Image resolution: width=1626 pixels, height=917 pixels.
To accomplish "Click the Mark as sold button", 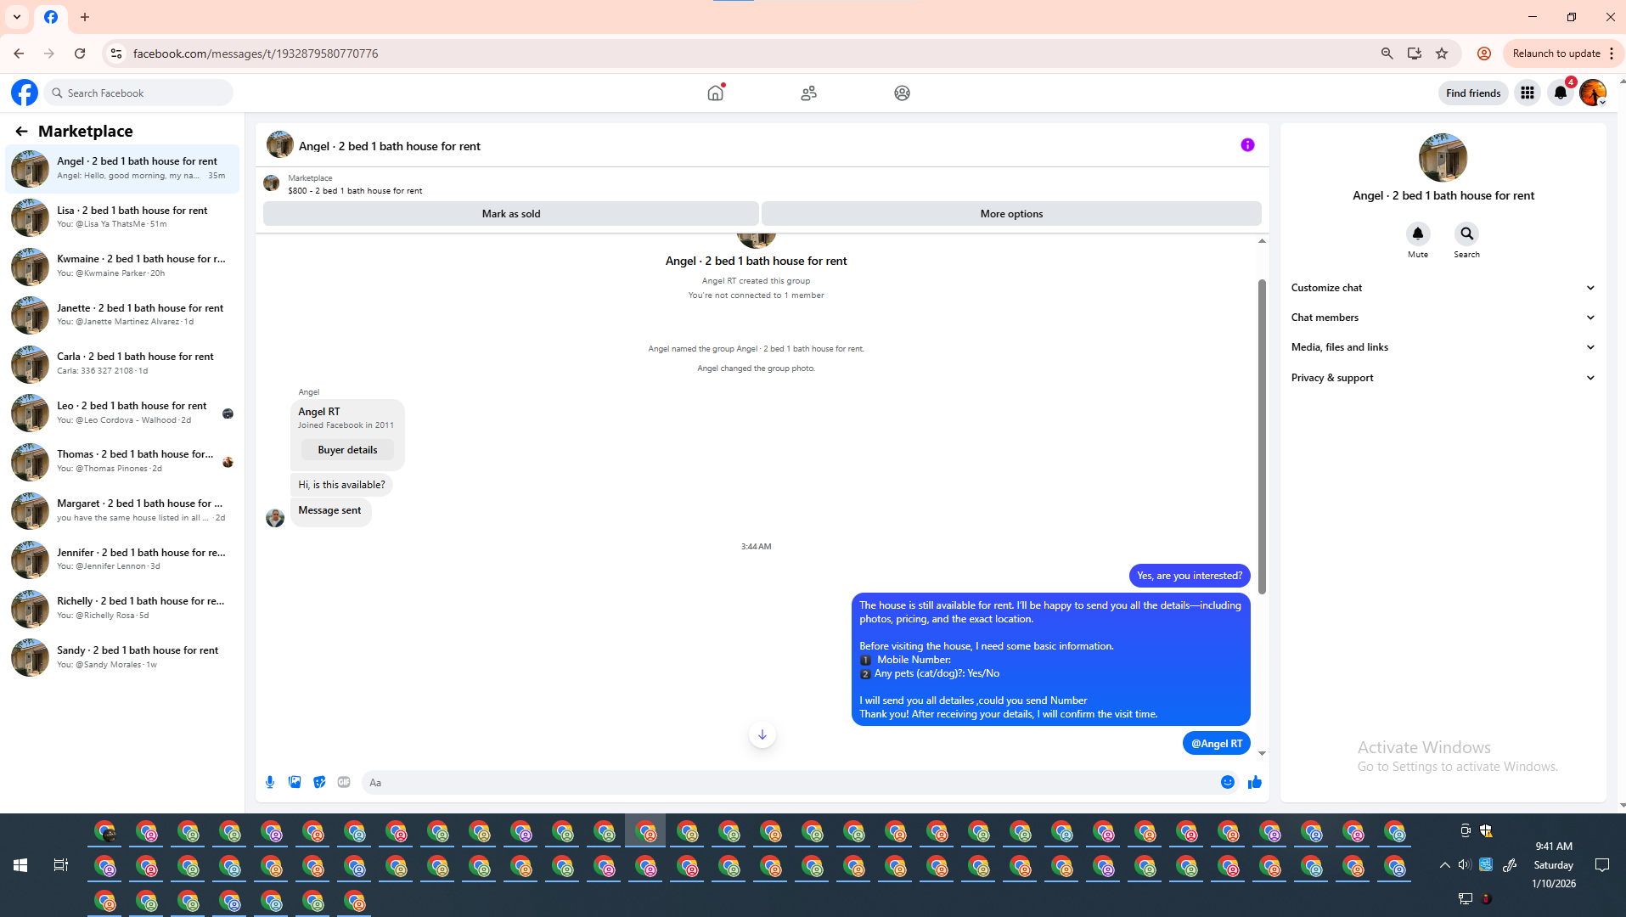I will coord(510,214).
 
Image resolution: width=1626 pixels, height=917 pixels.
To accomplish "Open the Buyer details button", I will coord(347,450).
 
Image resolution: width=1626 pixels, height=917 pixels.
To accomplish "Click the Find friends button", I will coord(1472,93).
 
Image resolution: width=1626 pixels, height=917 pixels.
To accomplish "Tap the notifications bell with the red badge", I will coord(1561,93).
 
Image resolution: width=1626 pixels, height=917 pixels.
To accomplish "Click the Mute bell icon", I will coord(1417,234).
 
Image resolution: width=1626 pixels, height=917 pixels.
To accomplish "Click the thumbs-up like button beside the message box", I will coord(1254,783).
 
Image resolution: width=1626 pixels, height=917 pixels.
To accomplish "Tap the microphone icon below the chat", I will coord(270,783).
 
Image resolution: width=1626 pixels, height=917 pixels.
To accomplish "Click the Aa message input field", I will coord(790,783).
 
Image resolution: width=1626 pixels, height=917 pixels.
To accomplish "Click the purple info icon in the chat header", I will coord(1247,145).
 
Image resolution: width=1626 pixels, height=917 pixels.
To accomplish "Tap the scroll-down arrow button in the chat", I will coord(762,735).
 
